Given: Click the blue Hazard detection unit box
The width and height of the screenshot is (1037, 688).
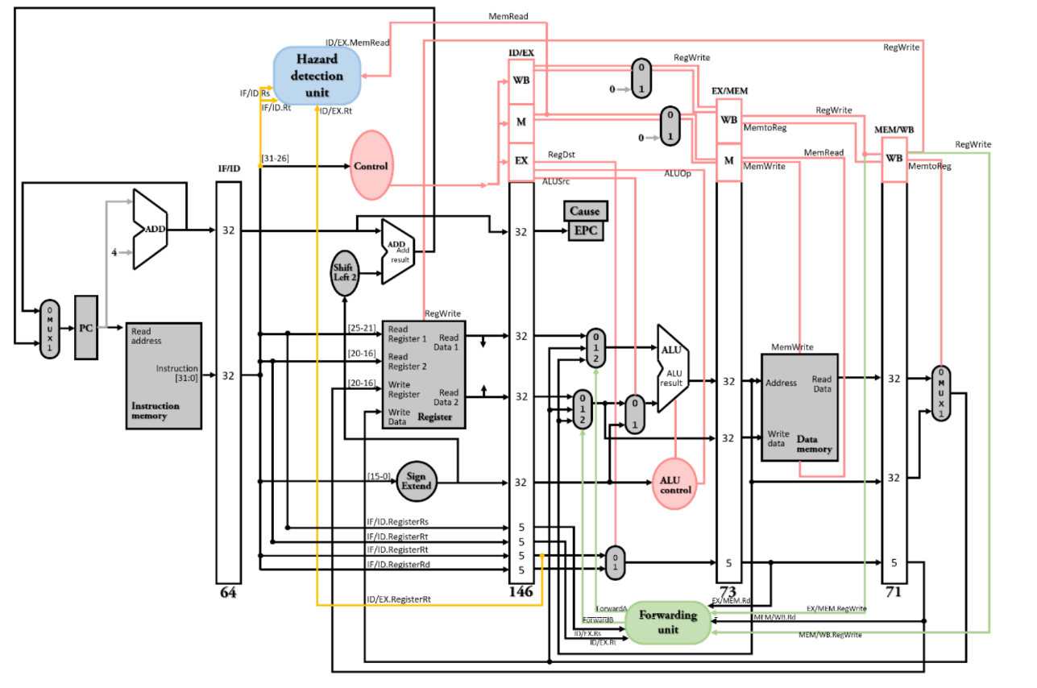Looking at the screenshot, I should coord(318,76).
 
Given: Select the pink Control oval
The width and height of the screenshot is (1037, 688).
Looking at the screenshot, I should coord(371,166).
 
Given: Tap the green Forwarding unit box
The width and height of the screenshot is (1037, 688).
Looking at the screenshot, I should coord(668,622).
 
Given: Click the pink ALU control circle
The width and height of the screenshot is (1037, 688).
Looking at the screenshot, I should coord(674,484).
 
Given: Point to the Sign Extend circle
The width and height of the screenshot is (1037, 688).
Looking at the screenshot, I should coord(417,481).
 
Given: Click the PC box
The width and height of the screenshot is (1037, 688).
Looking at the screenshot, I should coord(85,328).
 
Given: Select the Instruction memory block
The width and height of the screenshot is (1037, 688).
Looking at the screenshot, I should coord(164,375).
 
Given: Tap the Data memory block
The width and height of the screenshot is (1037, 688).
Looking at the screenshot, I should coord(799,407).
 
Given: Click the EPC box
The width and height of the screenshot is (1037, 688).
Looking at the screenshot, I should coord(585,231).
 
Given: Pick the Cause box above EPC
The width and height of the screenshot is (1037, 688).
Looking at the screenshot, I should coord(585,211).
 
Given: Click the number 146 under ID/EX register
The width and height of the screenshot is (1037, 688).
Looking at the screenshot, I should coord(521,592).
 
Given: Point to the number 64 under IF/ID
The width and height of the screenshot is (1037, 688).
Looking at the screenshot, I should coord(228,593).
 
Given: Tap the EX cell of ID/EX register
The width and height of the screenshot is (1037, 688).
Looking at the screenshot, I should coord(521,160).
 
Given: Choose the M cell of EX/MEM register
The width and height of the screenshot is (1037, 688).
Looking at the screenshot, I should coord(728,160).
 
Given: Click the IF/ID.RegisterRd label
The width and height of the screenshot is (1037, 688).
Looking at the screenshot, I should coord(398,564).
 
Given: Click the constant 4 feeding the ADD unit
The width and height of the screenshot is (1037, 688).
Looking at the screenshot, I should coord(114,252).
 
